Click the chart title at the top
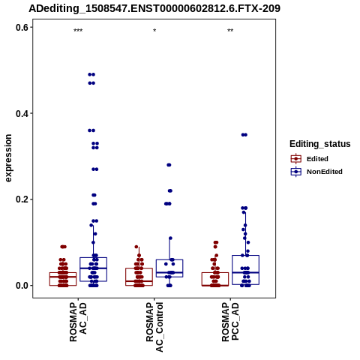pos(154,8)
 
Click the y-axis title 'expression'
pos(8,158)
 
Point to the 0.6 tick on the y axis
pos(22,27)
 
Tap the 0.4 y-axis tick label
pos(22,113)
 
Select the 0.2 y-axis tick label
pos(22,199)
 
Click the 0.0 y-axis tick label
pos(22,286)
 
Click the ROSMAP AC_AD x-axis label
pos(78,322)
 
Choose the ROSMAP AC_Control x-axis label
pos(154,327)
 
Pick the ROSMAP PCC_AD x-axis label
pos(230,322)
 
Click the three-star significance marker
pos(78,31)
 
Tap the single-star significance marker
pos(154,31)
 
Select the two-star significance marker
pos(230,31)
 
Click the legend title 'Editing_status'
pos(320,144)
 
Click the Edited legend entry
pos(310,159)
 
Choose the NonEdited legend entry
pos(316,172)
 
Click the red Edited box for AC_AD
pos(63,279)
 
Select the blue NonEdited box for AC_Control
pos(169,268)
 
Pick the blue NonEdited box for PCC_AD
pos(245,270)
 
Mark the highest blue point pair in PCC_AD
pos(244,135)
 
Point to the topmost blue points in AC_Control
pos(169,165)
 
